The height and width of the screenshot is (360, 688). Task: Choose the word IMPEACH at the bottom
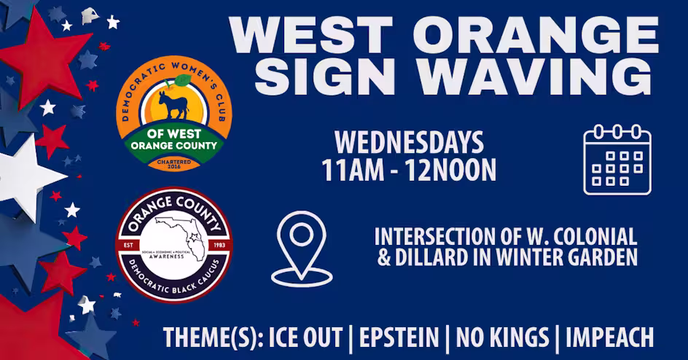coord(609,338)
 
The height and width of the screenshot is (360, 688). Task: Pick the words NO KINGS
coord(502,338)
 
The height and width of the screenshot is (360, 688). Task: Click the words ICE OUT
coord(305,338)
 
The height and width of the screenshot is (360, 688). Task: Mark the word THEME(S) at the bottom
coord(212,338)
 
